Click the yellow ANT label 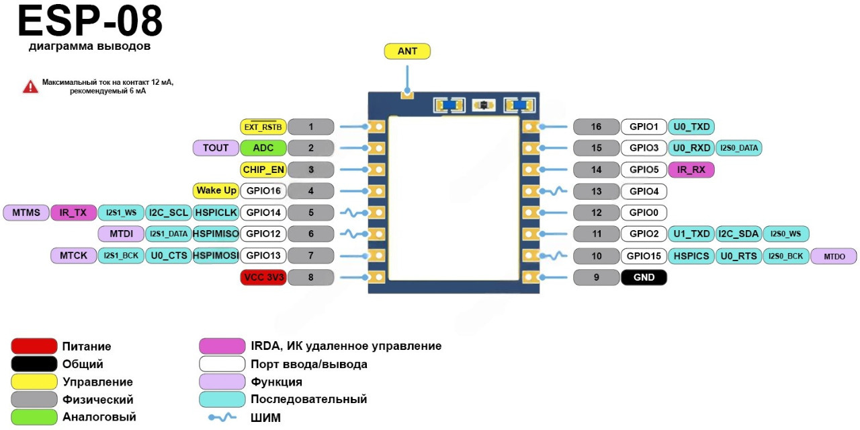407,51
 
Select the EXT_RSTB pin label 263,127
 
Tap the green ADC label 263,148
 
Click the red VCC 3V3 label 263,277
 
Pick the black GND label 644,277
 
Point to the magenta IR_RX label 691,170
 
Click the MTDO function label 834,256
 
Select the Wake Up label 216,190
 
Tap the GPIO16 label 263,190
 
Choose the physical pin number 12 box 596,213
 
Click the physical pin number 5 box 311,213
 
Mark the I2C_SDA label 738,234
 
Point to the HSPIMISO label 216,234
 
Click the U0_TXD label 691,127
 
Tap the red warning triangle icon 30,86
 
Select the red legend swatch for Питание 34,347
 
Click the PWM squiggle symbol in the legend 222,417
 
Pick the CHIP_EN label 263,170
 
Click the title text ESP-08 89,22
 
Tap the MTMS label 26,213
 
